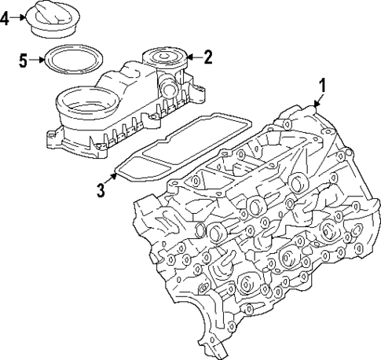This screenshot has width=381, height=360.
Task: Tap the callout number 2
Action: [207, 57]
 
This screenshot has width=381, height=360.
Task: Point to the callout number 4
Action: [6, 18]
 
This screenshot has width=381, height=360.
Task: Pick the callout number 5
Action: [24, 59]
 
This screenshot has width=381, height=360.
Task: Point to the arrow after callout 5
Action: [35, 59]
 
